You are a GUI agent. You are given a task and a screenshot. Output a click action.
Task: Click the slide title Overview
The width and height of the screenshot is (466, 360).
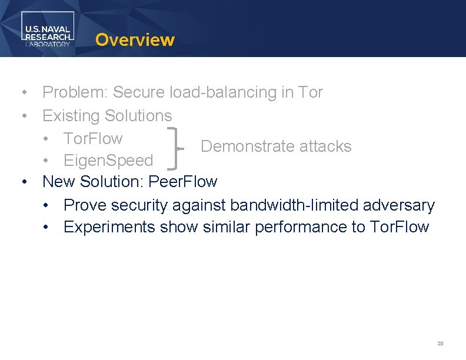pyautogui.click(x=135, y=40)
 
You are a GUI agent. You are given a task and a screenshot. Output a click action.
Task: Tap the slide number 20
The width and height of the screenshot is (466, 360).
pyautogui.click(x=440, y=344)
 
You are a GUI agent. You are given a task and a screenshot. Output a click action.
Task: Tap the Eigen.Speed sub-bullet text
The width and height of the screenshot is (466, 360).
pyautogui.click(x=108, y=161)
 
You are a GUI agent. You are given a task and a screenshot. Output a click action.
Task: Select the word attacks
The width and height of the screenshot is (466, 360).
pyautogui.click(x=325, y=146)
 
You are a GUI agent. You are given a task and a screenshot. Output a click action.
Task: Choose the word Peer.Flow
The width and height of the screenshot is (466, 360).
pyautogui.click(x=183, y=182)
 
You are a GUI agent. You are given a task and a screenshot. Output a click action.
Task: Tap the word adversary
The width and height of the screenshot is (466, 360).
pyautogui.click(x=399, y=205)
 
